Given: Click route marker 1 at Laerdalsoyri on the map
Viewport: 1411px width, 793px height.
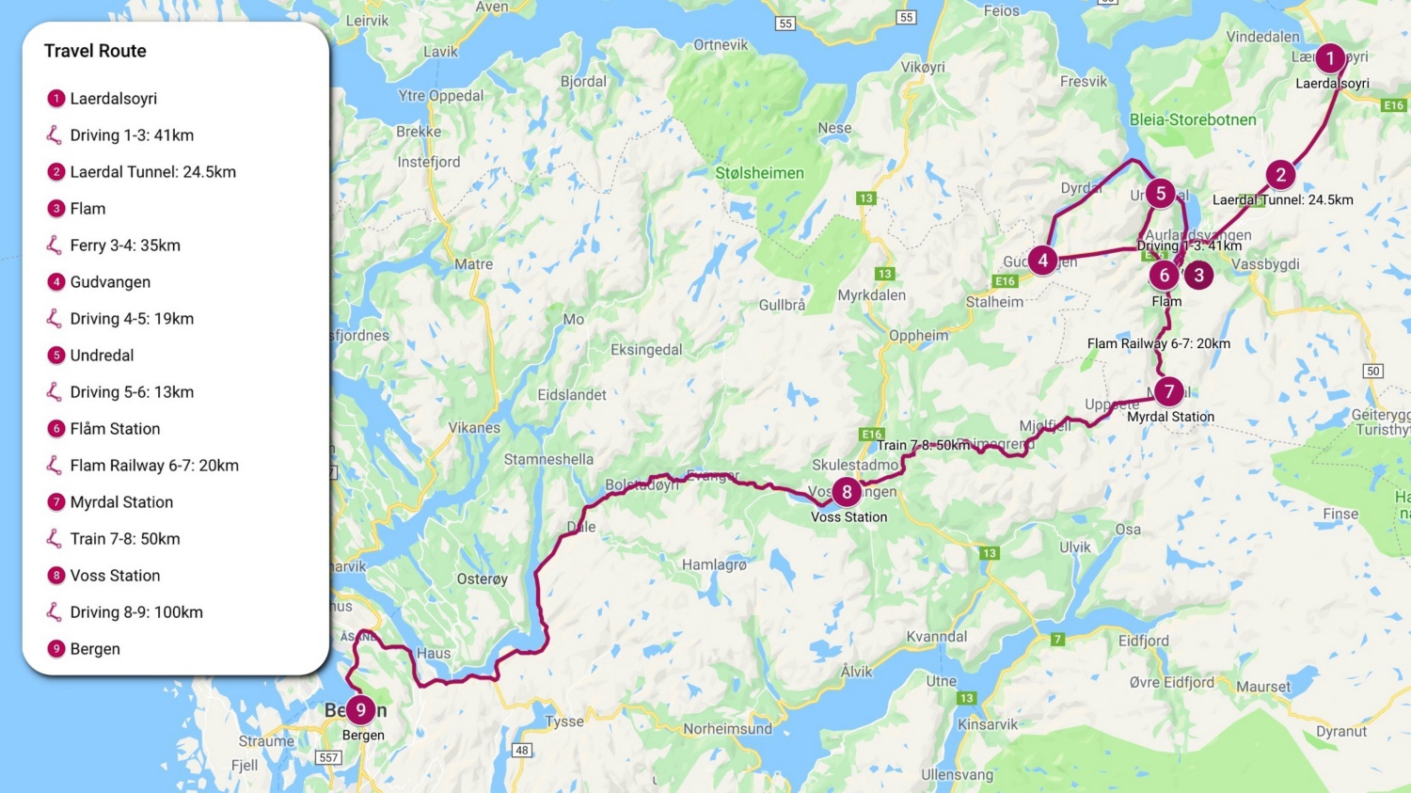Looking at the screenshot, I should point(1329,58).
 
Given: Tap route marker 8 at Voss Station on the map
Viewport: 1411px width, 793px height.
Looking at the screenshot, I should point(847,491).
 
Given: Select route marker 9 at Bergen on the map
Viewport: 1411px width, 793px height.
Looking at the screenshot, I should point(360,710).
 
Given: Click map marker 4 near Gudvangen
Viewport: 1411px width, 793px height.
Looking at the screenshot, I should point(1042,261).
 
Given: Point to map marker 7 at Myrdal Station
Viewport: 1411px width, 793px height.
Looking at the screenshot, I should point(1168,391).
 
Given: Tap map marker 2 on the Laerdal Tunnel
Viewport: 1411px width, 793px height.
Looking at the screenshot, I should point(1279,175).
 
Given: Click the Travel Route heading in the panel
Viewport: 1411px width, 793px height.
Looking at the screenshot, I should point(95,51).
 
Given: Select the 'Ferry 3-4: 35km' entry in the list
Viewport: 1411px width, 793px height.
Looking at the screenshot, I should point(125,246).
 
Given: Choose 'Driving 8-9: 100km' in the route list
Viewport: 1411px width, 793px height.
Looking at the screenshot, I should point(136,612).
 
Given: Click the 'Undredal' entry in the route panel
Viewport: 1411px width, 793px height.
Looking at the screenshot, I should point(102,356).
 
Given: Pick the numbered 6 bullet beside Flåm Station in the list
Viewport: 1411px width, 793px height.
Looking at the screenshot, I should point(56,429).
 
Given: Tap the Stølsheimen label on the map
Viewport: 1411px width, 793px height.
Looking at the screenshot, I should point(759,173).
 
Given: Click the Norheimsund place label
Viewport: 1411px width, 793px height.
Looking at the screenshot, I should point(727,728).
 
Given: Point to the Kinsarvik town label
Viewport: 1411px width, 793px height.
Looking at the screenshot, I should point(988,724).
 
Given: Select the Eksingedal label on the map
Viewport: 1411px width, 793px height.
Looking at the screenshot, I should point(646,350).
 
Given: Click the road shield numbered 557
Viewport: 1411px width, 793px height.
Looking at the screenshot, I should point(328,757).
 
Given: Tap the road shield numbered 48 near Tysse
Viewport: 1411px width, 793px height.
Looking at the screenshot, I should point(521,750).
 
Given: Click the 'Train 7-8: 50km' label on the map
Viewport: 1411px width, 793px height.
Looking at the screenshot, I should point(922,445).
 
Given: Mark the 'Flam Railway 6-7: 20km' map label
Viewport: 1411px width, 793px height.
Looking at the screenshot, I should point(1158,343).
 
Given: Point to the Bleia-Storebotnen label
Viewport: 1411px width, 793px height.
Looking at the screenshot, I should point(1192,119).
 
